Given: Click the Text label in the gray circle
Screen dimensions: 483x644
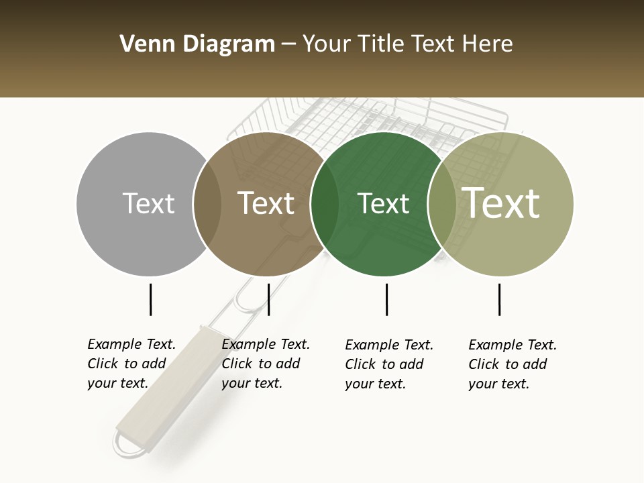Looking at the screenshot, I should (148, 203).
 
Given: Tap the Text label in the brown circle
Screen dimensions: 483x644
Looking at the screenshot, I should (266, 203).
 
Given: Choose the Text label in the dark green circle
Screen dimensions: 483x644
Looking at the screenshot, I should (383, 203).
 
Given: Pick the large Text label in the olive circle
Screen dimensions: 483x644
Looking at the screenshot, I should (501, 203).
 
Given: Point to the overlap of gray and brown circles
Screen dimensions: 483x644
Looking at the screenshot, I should (207, 204).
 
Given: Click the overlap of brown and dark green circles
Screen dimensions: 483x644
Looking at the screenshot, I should (325, 204).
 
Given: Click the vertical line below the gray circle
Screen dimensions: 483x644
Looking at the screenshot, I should (151, 299).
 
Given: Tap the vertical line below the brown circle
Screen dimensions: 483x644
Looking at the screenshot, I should (268, 299).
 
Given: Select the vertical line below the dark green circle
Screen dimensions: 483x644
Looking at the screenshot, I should (386, 299).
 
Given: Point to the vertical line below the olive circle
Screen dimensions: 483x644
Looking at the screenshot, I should (499, 299).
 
